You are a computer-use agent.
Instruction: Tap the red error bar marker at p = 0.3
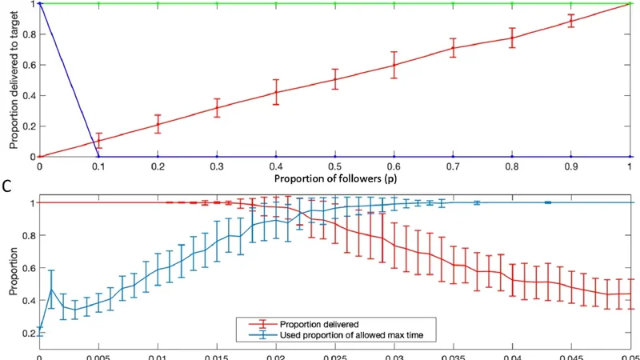(217, 107)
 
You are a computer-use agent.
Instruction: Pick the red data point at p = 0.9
(571, 21)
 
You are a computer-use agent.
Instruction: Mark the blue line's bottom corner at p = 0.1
(98, 157)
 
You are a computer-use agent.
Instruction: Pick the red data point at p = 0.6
(394, 64)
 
